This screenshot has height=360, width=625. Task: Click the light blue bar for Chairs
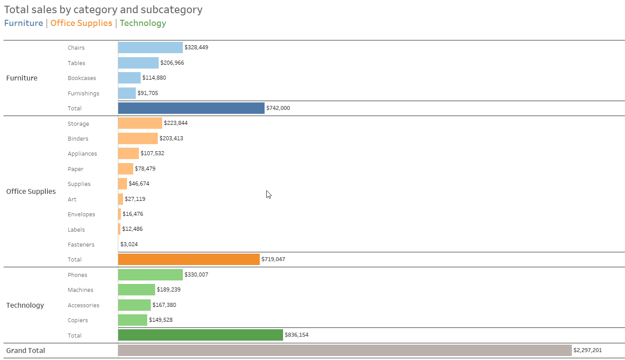pyautogui.click(x=150, y=47)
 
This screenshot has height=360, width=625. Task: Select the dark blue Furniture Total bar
pyautogui.click(x=191, y=108)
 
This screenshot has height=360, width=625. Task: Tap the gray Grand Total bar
pyautogui.click(x=345, y=350)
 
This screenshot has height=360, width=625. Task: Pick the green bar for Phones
pyautogui.click(x=150, y=275)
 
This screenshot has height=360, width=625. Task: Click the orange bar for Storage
pyautogui.click(x=140, y=124)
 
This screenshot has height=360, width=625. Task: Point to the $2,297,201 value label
pyautogui.click(x=588, y=350)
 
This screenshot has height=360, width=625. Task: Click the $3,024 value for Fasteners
pyautogui.click(x=129, y=244)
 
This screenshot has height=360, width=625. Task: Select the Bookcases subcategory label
pyautogui.click(x=82, y=78)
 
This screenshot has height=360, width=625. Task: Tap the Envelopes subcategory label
pyautogui.click(x=81, y=215)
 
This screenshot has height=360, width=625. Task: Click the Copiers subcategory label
pyautogui.click(x=78, y=320)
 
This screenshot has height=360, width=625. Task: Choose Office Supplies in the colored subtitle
pyautogui.click(x=81, y=23)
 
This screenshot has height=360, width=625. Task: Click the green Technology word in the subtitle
pyautogui.click(x=143, y=23)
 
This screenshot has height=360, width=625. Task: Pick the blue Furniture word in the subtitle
pyautogui.click(x=24, y=23)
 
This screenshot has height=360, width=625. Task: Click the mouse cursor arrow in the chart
pyautogui.click(x=269, y=194)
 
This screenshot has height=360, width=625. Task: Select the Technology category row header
pyautogui.click(x=25, y=305)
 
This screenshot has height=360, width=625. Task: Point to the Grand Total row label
pyautogui.click(x=25, y=350)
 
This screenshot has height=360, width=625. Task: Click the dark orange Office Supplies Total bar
pyautogui.click(x=189, y=259)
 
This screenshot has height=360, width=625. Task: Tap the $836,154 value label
pyautogui.click(x=297, y=335)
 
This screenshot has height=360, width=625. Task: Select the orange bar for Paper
pyautogui.click(x=125, y=169)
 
